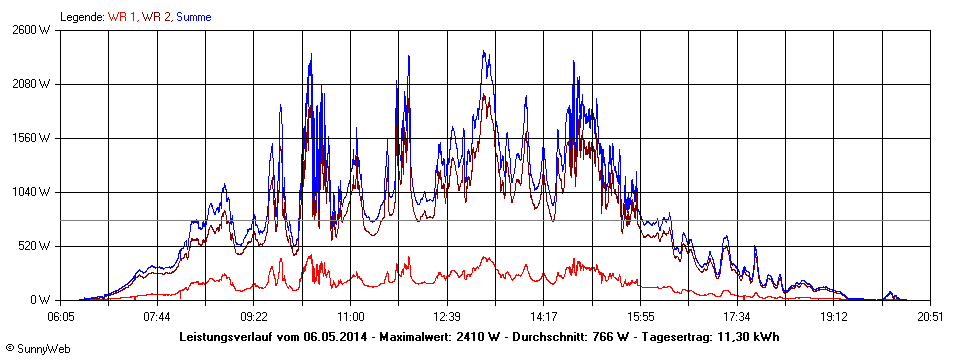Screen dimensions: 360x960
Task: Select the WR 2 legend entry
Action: tap(156, 17)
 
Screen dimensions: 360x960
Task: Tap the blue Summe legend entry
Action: tap(193, 17)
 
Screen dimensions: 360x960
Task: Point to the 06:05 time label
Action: tap(61, 316)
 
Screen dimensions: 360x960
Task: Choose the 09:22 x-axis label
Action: tap(254, 316)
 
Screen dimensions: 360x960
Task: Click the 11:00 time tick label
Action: tap(351, 316)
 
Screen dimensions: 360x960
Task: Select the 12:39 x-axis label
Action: tap(447, 316)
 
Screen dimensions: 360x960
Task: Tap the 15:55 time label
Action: tap(641, 316)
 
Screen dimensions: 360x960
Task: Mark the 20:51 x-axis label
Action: tap(931, 316)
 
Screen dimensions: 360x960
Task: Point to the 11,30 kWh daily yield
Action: tap(744, 337)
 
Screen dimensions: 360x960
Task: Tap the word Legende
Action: tap(82, 17)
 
